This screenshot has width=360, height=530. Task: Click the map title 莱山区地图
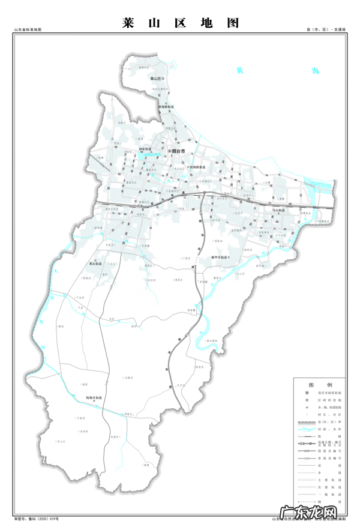coord(180,23)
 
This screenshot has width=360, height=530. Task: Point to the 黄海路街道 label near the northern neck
coord(166,106)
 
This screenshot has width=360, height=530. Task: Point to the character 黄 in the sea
coord(240,71)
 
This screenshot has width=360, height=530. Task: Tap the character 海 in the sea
coord(316,71)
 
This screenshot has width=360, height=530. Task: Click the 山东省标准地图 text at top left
coord(28,29)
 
